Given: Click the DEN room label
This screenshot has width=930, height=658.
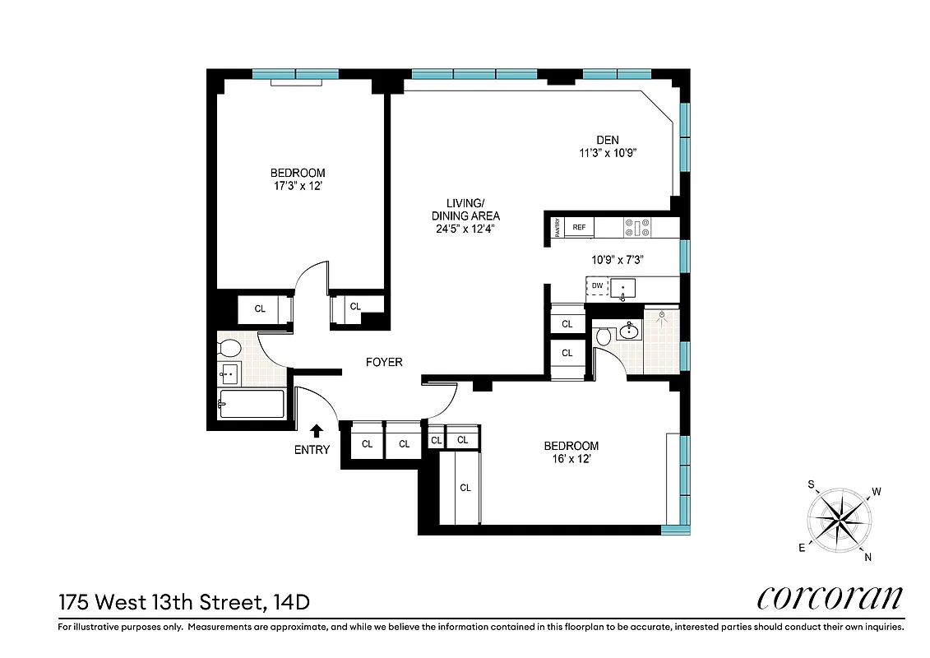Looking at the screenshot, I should point(607,139).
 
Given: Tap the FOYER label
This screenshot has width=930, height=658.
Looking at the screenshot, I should point(384,362).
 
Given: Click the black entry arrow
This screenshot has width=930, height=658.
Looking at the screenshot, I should point(317,430).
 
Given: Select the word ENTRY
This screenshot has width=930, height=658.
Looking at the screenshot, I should point(312,450).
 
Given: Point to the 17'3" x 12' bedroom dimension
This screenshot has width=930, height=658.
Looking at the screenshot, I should point(298,185).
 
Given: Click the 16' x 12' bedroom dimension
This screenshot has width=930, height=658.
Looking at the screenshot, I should point(571,459).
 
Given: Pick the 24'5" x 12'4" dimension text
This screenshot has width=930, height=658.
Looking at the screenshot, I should point(465,229).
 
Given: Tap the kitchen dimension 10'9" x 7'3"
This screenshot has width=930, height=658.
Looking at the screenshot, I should point(617,259).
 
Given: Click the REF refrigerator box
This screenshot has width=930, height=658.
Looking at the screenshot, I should point(579,227).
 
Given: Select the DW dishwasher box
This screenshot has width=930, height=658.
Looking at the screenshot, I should point(597,286).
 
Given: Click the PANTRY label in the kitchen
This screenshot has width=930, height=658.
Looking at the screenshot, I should point(558,227).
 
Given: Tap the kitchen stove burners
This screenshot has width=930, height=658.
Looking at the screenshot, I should point(636,227).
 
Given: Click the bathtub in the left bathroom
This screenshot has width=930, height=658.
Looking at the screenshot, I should point(252,404).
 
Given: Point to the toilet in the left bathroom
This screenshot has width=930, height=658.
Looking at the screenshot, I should point(228,346).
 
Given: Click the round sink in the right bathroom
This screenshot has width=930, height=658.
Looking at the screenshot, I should point(630,331).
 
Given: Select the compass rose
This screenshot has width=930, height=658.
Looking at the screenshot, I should point(840,520).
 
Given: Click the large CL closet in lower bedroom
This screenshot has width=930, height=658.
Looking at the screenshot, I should point(465,487).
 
